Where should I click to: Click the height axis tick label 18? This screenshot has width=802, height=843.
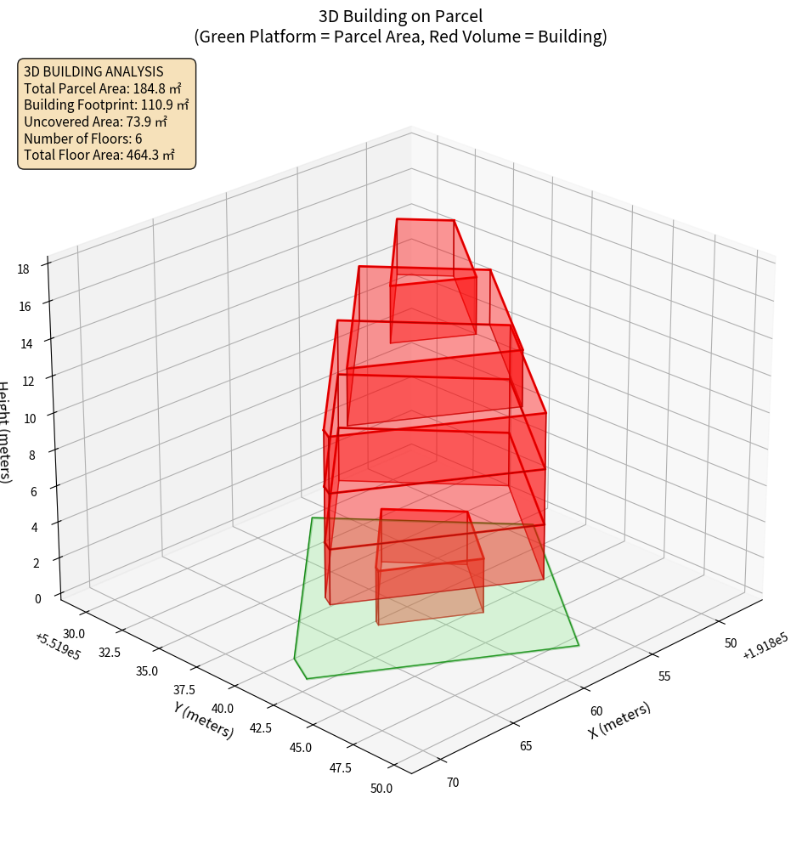point(23,269)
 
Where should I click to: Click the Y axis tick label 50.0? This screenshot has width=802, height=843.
point(381,788)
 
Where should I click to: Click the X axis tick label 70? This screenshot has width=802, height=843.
point(452,782)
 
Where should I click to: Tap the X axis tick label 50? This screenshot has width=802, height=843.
point(731,642)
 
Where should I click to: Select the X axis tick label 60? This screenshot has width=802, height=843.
point(596,710)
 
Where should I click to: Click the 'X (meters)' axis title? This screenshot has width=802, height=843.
point(620,720)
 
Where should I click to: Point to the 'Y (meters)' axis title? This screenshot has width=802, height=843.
point(204,719)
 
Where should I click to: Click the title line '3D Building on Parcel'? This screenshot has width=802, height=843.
point(400,15)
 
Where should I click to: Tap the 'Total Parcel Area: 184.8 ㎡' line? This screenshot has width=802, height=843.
point(103,88)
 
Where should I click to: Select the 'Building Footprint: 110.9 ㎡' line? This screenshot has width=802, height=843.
point(106,105)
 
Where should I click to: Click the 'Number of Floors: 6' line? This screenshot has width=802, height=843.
point(83,139)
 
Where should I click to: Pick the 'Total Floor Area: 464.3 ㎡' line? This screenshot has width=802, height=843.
point(99,156)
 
